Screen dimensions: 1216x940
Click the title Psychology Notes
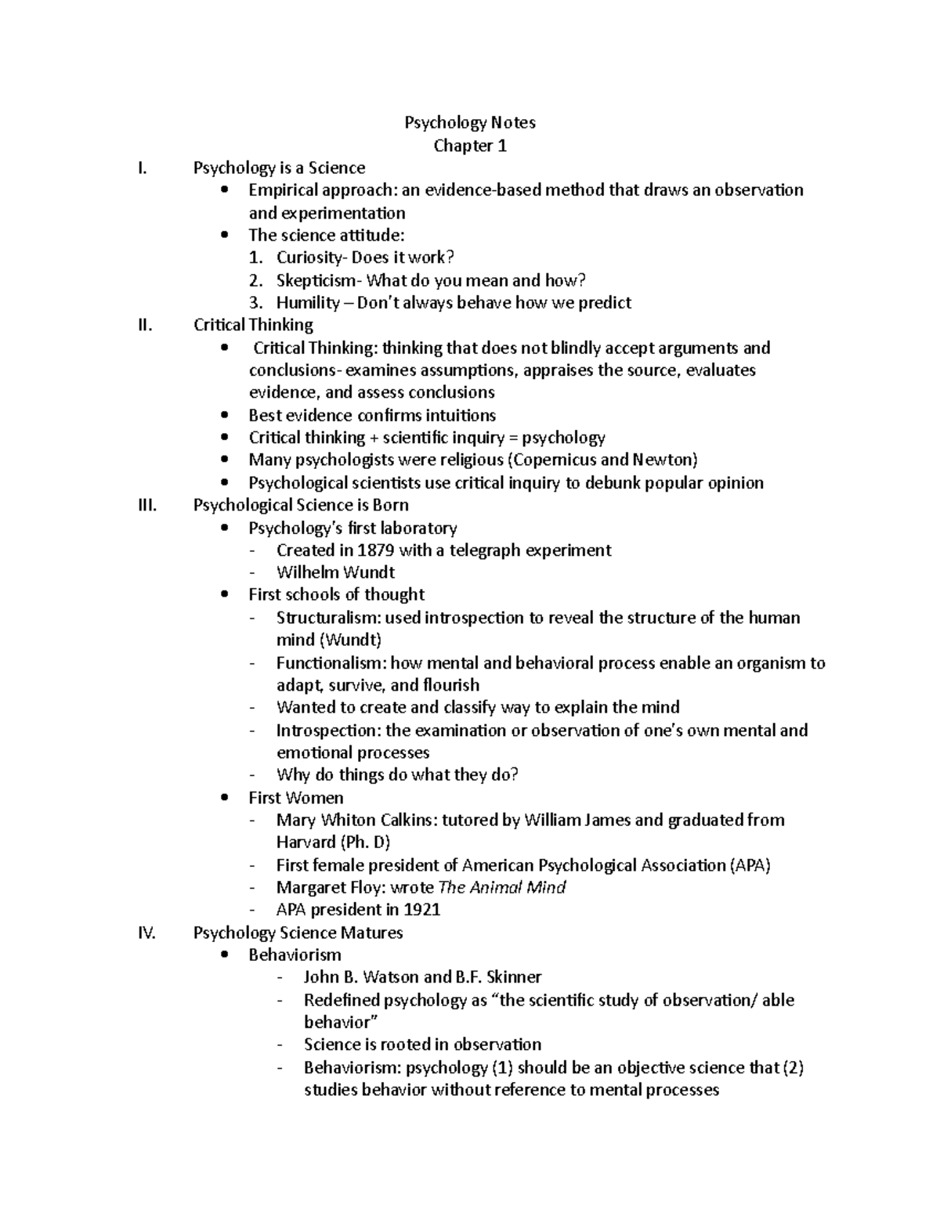pyautogui.click(x=469, y=122)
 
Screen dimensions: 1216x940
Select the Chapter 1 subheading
pyautogui.click(x=470, y=146)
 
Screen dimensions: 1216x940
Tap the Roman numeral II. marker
pyautogui.click(x=144, y=325)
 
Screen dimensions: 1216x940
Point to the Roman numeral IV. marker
pyautogui.click(x=146, y=933)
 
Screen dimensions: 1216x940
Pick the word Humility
pyautogui.click(x=308, y=303)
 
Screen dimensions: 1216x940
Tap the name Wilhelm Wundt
pyautogui.click(x=335, y=572)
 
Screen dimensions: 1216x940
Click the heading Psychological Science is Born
pyautogui.click(x=301, y=505)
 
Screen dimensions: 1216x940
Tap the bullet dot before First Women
pyautogui.click(x=226, y=798)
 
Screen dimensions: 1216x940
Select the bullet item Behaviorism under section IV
pyautogui.click(x=295, y=955)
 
